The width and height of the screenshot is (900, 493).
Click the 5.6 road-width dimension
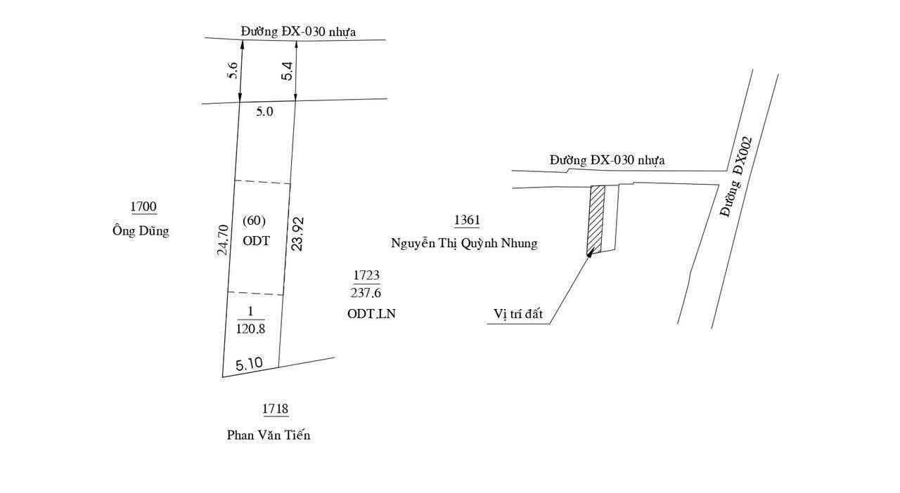pyautogui.click(x=233, y=70)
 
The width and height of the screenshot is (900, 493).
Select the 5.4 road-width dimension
pyautogui.click(x=288, y=71)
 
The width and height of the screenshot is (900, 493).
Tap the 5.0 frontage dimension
pyautogui.click(x=264, y=112)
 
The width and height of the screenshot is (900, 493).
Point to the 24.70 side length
pyautogui.click(x=223, y=239)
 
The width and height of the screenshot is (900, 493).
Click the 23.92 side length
pyautogui.click(x=297, y=234)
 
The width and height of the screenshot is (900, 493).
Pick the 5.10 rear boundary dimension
pyautogui.click(x=249, y=364)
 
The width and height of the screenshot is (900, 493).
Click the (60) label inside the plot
pyautogui.click(x=254, y=221)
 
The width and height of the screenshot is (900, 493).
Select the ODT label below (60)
pyautogui.click(x=257, y=241)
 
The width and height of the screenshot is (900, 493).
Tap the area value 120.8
pyautogui.click(x=250, y=329)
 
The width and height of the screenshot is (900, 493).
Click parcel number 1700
pyautogui.click(x=143, y=206)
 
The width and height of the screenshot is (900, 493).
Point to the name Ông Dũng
pyautogui.click(x=141, y=230)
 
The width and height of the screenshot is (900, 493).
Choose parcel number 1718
pyautogui.click(x=275, y=409)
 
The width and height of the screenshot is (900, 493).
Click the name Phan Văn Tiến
pyautogui.click(x=269, y=435)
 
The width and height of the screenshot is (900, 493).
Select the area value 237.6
pyautogui.click(x=366, y=293)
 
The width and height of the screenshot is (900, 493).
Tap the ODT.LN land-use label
pyautogui.click(x=371, y=313)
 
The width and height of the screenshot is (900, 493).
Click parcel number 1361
pyautogui.click(x=467, y=220)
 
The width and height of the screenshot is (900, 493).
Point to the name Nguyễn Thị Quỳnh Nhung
pyautogui.click(x=464, y=243)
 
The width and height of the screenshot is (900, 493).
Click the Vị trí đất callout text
pyautogui.click(x=518, y=313)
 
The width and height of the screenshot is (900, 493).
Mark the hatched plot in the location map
pyautogui.click(x=596, y=220)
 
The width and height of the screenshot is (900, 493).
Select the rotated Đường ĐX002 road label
pyautogui.click(x=735, y=178)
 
